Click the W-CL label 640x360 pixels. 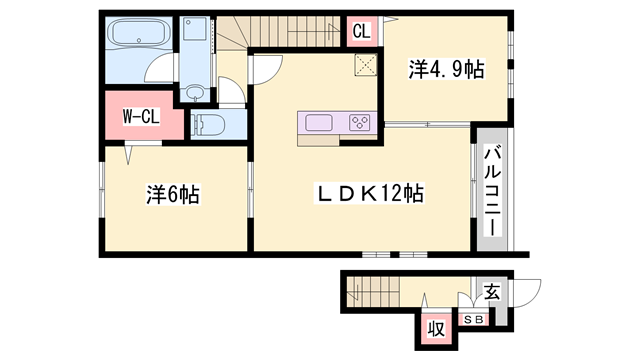pyautogui.click(x=141, y=117)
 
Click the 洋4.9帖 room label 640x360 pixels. pyautogui.click(x=446, y=70)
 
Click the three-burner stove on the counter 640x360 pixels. pyautogui.click(x=359, y=123)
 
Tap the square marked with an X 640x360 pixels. pyautogui.click(x=365, y=66)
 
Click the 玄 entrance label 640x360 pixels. pyautogui.click(x=492, y=292)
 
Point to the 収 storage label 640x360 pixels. pyautogui.click(x=436, y=327)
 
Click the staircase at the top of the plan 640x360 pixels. pyautogui.click(x=290, y=32)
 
